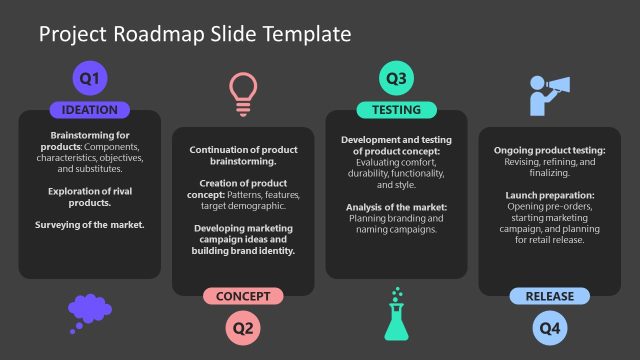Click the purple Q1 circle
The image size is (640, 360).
[89, 77]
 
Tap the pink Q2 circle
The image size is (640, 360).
[243, 327]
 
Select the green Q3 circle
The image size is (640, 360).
[396, 77]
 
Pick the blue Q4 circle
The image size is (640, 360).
[549, 327]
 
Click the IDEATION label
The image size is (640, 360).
[89, 110]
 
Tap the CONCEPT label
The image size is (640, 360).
[243, 296]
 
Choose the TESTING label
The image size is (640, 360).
[396, 110]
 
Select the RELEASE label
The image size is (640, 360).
[549, 296]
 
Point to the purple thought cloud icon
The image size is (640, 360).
[89, 311]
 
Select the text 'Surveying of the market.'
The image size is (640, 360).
[89, 225]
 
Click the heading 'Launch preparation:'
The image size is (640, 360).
[549, 195]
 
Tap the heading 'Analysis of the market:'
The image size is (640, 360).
[396, 207]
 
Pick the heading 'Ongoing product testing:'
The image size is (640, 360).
[549, 150]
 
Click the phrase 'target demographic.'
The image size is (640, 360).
[243, 207]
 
